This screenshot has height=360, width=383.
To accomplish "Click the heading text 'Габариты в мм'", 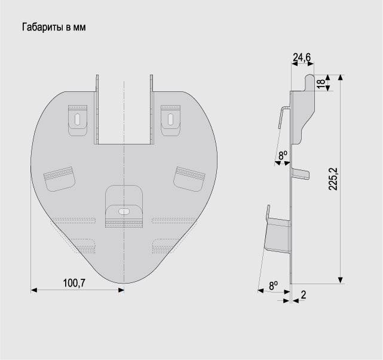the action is coord(54,27).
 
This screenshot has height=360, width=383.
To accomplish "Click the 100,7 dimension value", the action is coord(74,283).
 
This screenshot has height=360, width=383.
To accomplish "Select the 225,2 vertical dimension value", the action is coord(333,179).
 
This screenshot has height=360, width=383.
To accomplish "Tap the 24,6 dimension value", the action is coord(302,57).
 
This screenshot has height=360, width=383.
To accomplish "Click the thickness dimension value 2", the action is coord(304,295).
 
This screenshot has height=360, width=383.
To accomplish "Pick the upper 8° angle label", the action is coord(283,155).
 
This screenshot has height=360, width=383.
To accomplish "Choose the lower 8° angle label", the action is coord(273,285).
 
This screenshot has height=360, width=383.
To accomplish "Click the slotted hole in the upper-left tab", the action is coord(78,119).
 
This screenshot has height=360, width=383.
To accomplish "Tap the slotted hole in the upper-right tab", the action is coord(170,119).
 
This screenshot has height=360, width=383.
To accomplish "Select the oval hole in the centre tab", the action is coord(124,211).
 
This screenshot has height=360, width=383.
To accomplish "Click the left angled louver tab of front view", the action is coord(59,179).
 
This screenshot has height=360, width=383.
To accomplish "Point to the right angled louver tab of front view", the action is coord(189,179).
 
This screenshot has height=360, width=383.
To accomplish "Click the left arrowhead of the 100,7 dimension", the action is coord(34,290).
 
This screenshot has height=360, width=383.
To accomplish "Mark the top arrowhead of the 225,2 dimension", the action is coord(341,78).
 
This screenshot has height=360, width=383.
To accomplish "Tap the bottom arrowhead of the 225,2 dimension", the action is coord(341,281).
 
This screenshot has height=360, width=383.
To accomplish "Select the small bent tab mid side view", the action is coord(301,174).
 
